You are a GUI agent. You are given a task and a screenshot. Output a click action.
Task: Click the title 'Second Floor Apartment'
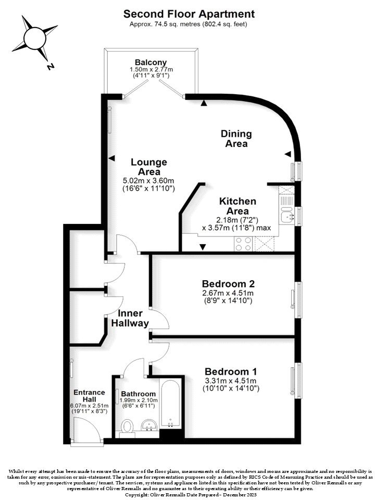point(189,14)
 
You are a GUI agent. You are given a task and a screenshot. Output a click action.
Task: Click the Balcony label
point(151,61)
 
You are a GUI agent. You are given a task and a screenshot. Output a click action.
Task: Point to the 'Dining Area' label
point(236,139)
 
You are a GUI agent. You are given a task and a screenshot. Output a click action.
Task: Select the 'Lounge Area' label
point(149,167)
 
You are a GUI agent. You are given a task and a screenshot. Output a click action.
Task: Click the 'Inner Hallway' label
point(130,318)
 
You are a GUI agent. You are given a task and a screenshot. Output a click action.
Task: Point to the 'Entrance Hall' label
point(89,395)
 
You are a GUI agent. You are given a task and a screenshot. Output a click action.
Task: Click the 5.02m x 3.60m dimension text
point(149,180)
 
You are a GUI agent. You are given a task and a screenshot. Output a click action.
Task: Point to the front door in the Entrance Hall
point(83,430)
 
